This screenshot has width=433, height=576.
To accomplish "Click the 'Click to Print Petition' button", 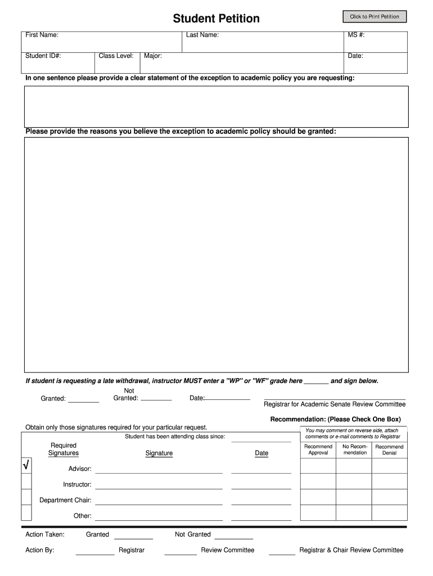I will (374, 17).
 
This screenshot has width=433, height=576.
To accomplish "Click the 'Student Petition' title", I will (216, 19).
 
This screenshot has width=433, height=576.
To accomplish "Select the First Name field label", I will (42, 35).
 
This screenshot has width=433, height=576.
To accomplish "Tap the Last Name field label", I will (202, 35).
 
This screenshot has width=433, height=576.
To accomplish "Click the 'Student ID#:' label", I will (43, 56).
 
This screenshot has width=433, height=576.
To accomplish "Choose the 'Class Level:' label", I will (116, 56).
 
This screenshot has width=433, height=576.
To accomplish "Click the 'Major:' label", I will (153, 56).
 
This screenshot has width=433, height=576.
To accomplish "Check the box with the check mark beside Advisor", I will (26, 466).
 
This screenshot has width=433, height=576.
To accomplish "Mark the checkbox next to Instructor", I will (26, 481).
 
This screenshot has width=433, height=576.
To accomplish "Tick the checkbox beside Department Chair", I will (26, 497).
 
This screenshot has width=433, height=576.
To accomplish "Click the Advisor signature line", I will (159, 472).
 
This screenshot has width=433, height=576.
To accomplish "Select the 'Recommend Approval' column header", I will (318, 449).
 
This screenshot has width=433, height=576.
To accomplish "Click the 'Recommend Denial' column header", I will (389, 449).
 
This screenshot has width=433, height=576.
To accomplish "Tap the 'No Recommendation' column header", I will (355, 449).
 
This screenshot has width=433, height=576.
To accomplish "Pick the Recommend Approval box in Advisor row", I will (318, 466).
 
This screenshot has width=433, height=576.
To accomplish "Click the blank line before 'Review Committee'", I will (181, 553).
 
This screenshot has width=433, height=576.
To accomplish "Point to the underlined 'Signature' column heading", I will (159, 453).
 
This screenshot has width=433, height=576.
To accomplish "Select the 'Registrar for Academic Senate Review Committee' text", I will (335, 404).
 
